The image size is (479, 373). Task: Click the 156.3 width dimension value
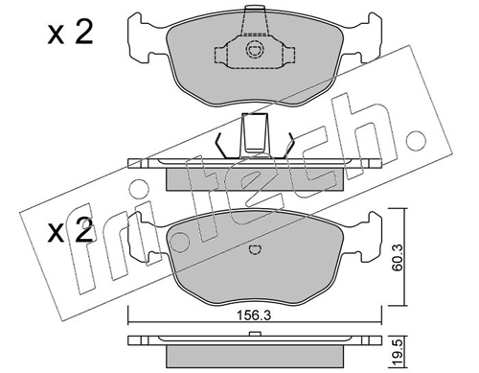tap(254, 315)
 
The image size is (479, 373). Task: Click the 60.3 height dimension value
tap(398, 257)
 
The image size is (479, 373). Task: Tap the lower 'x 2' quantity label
tap(70, 231)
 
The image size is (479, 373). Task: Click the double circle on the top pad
tap(255, 50)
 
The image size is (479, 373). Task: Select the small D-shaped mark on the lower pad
tap(255, 250)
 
